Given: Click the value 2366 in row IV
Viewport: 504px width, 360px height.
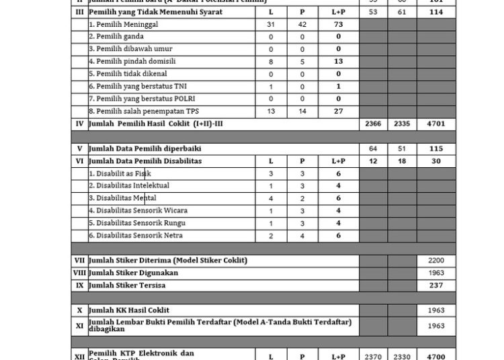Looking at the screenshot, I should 372,124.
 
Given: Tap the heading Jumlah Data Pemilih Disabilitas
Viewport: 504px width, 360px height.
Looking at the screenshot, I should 145,161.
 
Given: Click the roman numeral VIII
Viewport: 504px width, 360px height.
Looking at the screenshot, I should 79,273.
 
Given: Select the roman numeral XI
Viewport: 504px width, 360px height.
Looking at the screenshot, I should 79,325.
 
